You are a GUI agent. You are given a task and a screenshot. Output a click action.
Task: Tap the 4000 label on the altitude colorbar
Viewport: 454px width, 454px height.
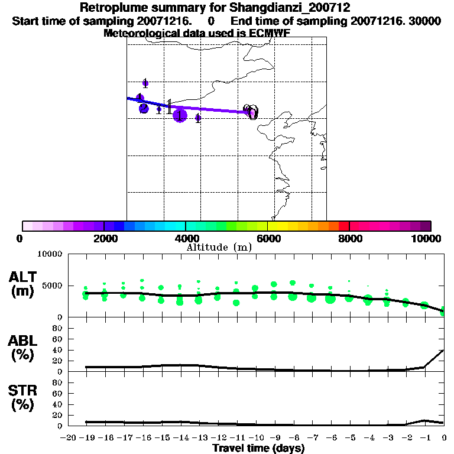186,238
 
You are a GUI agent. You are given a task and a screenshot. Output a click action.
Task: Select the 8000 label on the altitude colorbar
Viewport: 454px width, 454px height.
349,238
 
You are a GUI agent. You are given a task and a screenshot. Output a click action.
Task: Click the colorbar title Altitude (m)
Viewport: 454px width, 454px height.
219,247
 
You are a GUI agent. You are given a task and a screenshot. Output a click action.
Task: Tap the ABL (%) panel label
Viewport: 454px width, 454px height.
23,347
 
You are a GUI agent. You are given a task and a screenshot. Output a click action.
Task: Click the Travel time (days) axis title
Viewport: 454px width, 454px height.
258,449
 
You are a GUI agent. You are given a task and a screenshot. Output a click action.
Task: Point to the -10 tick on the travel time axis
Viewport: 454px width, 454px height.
256,437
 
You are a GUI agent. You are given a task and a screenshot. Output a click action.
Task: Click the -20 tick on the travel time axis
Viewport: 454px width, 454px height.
69,437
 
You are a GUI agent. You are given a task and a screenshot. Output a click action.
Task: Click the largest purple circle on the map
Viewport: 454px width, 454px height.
180,115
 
